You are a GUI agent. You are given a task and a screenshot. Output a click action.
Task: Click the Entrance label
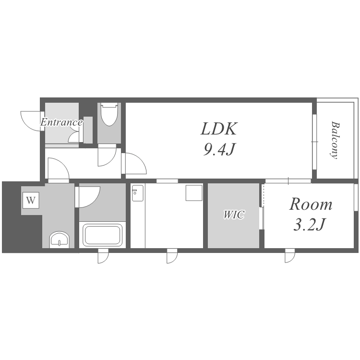pos(61,122)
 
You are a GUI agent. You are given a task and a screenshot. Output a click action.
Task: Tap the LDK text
pos(219,129)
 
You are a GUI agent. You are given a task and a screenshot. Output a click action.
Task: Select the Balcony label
pos(336,140)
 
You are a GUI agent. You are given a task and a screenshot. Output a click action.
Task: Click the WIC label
pos(234,215)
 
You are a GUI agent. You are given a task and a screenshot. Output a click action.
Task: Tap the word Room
pos(311,204)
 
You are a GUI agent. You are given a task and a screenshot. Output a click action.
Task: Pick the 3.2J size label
pos(310,224)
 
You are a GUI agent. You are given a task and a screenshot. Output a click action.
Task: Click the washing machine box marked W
pos(31,200)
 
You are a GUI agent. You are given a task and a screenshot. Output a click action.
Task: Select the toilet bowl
pos(109,115)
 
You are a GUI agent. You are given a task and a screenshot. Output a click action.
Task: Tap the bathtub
pos(102,235)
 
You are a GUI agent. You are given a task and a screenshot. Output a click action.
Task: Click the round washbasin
pos(59,240)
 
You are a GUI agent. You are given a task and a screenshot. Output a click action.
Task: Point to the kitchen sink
pos(138,193)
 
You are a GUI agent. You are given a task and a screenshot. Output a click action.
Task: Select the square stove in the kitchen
pos(194,192)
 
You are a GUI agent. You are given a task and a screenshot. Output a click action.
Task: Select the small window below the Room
pos(290,256)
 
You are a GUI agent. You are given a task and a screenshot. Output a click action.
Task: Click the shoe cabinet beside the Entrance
pos(88,130)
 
